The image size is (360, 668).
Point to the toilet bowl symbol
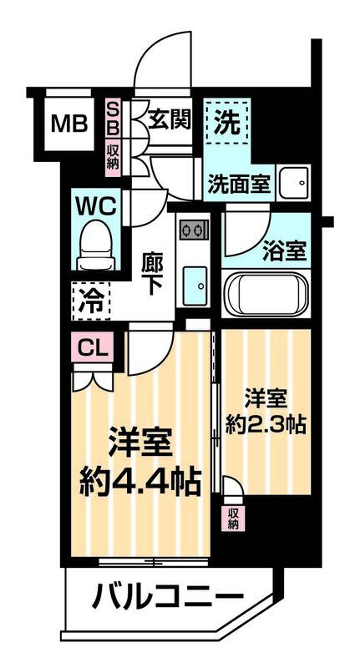[98, 242]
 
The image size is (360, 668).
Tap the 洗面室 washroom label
[239, 183]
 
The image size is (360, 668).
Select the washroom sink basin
[293, 181]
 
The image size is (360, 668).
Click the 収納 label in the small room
[232, 518]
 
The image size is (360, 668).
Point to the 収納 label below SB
[113, 156]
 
